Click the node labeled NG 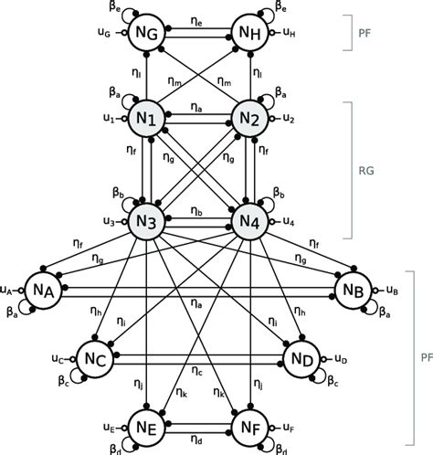146,34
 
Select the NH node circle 249,34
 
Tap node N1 146,118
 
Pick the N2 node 249,118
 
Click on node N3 146,221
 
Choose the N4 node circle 249,221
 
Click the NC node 94,358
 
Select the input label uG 106,34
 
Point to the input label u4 289,222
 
